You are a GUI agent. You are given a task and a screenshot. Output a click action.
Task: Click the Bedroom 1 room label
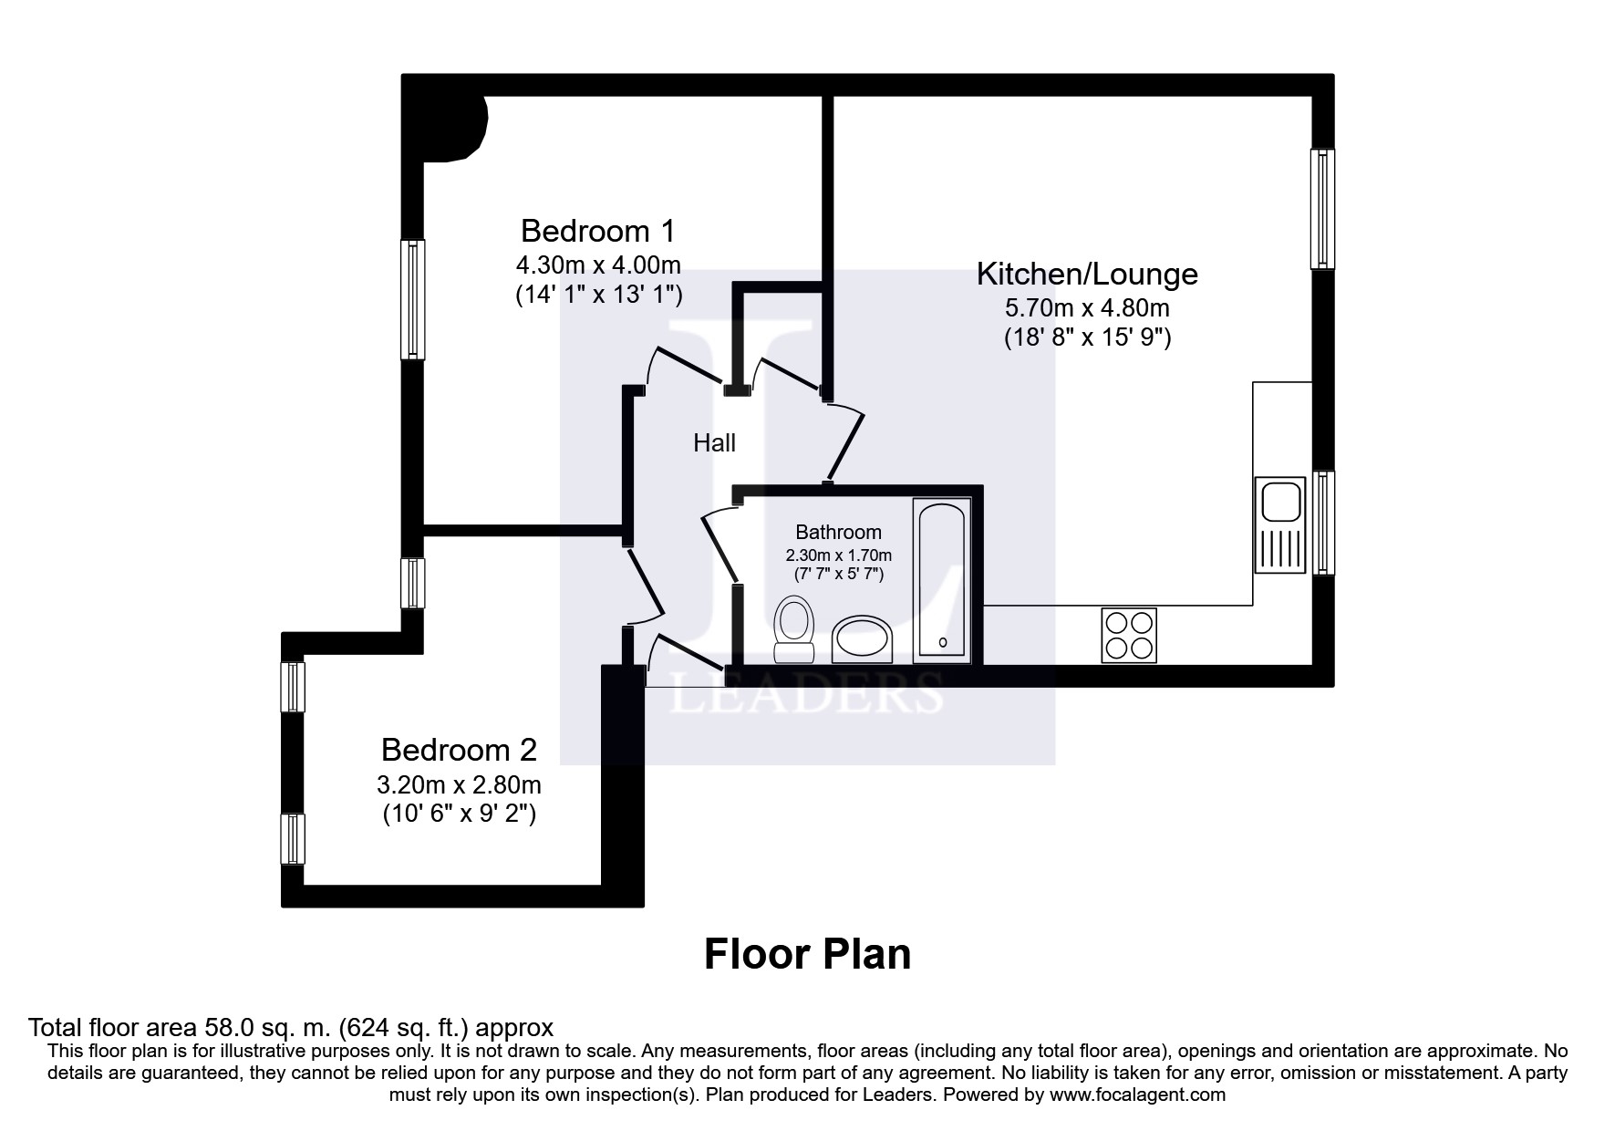[x=597, y=230]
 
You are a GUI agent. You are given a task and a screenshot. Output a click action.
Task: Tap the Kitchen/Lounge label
[x=1087, y=274]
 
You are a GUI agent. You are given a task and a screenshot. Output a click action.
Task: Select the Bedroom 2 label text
[x=459, y=750]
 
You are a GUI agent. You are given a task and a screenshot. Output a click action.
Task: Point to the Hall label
[x=714, y=443]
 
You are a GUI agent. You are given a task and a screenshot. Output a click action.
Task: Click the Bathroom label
[x=838, y=532]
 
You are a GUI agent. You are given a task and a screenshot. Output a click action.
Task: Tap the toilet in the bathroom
[x=793, y=628]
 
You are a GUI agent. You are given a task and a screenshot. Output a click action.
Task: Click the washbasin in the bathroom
[x=863, y=638]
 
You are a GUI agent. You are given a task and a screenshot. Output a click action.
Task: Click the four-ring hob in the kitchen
[x=1129, y=635]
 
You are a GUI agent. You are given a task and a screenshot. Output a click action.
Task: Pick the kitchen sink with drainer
[x=1279, y=524]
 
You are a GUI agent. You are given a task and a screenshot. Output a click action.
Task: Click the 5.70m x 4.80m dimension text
[x=1087, y=308]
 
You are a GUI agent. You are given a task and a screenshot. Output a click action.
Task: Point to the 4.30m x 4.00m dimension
[x=598, y=265]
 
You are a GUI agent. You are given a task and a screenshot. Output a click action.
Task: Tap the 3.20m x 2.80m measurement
[x=459, y=784]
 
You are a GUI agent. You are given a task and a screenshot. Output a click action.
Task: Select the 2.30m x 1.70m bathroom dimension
[x=839, y=555]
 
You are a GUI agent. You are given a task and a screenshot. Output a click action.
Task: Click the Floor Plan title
[x=807, y=954]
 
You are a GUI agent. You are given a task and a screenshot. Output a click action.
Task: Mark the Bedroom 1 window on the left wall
[x=413, y=299]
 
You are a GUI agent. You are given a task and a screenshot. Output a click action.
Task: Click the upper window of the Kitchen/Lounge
[x=1322, y=209]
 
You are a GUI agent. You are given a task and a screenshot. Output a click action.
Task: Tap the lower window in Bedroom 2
[x=293, y=838]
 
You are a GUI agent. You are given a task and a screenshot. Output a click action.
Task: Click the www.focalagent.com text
[x=1137, y=1095]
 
